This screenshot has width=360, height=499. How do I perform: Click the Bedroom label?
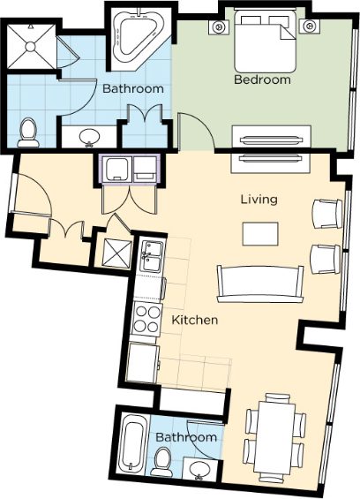[262, 79]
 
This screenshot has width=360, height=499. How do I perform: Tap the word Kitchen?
[195, 320]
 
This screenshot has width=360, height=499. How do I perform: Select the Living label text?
[259, 200]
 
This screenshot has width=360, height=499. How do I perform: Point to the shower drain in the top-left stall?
[30, 47]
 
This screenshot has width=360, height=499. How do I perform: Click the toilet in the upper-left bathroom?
[28, 132]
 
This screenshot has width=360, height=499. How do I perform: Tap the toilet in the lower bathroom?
[162, 462]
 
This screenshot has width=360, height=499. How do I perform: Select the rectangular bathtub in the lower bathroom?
[133, 443]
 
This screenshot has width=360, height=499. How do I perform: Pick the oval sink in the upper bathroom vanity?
[89, 137]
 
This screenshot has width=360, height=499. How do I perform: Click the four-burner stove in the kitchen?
[146, 319]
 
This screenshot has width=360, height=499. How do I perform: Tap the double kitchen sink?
[153, 256]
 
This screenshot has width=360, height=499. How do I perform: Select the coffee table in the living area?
[260, 234]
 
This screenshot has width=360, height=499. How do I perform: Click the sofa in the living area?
[260, 284]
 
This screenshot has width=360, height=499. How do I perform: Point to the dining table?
[276, 438]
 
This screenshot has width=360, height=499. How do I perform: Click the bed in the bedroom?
[266, 41]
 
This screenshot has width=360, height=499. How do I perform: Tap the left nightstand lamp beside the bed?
[219, 26]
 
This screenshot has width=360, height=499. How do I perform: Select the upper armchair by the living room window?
[327, 214]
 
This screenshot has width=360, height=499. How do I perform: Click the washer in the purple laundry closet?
[117, 170]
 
